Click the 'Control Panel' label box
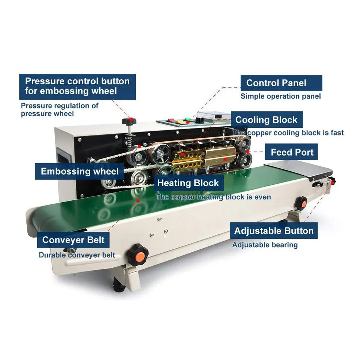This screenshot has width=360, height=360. click(281, 83)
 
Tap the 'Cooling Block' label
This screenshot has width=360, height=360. click(267, 120)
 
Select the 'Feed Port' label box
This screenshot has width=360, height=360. click(291, 152)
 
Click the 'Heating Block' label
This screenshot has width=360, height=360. click(188, 183)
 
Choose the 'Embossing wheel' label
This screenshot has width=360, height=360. click(80, 171)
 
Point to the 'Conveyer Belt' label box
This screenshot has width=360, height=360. click(73, 240)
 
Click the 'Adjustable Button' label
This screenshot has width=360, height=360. click(274, 230)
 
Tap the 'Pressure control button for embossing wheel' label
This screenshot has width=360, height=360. click(78, 87)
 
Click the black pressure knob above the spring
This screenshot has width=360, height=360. click(129, 121)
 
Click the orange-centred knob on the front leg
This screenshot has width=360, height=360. click(138, 254)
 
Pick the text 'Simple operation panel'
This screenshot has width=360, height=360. click(280, 96)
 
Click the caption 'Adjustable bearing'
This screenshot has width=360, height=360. click(265, 245)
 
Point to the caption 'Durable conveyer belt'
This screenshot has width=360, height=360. click(77, 255)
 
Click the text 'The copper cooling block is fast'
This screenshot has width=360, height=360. click(288, 133)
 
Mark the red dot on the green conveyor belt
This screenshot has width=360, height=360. click(138, 201)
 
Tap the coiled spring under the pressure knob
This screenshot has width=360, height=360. click(129, 140)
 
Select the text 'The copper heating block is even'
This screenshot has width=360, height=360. click(214, 197)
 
